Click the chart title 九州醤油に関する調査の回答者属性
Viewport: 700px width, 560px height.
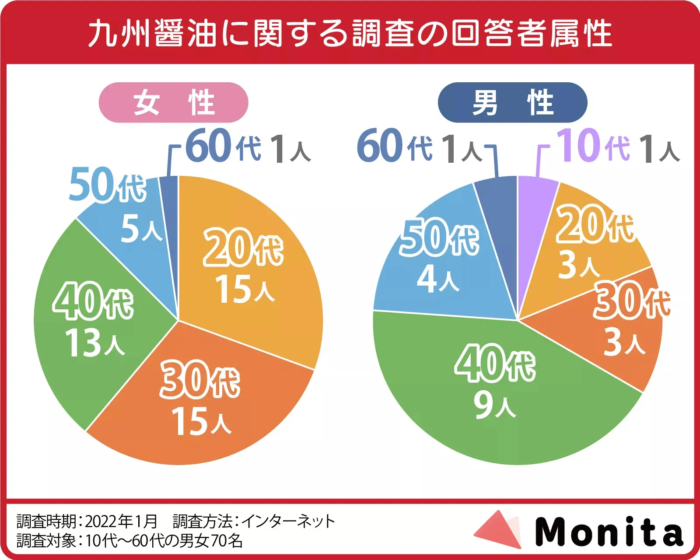(350, 33)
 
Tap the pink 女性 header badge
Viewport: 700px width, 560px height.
(174, 102)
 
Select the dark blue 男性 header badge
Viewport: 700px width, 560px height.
(512, 102)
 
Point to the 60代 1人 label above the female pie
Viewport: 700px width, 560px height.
(248, 147)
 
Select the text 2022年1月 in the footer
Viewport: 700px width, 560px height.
(121, 521)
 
